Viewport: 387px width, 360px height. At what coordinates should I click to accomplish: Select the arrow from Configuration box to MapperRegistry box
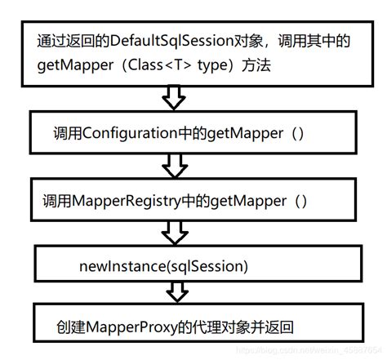[174, 167]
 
